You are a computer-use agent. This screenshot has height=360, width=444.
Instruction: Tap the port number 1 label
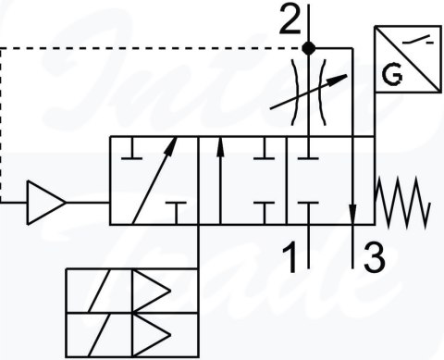click(290, 256)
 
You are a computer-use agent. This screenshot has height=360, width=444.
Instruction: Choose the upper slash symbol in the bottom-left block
click(99, 290)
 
